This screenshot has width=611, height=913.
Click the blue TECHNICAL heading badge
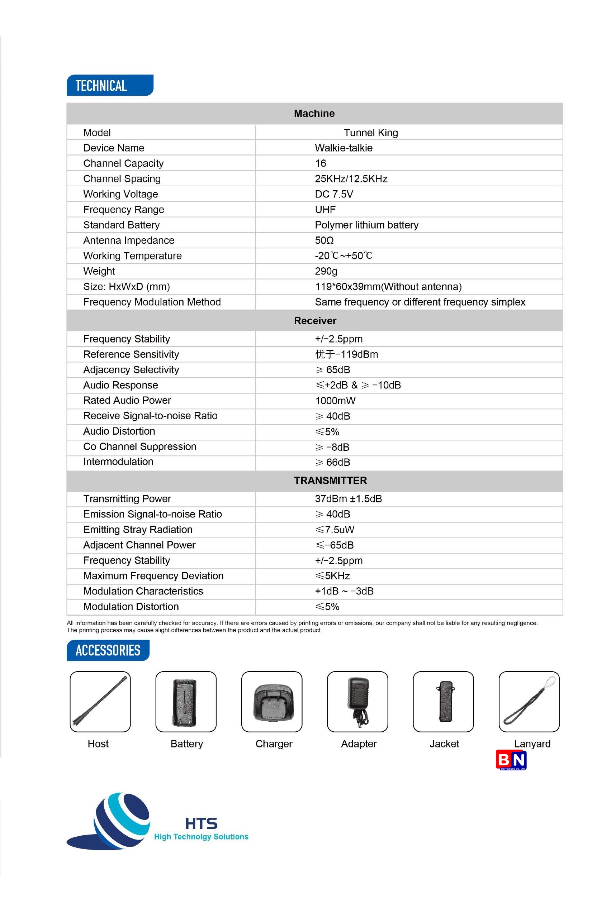109,85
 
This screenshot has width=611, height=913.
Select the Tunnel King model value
370,133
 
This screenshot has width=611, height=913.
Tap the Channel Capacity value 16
320,163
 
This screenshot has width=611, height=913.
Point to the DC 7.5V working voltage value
334,194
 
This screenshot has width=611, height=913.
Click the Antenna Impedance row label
129,240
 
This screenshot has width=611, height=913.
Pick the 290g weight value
326,271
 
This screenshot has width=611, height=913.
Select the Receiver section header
315,320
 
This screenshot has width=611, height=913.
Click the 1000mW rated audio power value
335,401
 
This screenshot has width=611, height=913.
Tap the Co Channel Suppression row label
139,446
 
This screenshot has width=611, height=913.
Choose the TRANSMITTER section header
330,481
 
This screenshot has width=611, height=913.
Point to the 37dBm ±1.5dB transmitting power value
348,499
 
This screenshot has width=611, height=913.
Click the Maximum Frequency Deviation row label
153,576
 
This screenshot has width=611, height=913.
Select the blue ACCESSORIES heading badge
108,650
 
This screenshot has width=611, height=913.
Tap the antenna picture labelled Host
100,702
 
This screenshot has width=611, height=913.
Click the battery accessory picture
186,702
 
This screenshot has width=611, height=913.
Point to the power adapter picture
358,702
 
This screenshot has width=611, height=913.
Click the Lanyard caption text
532,744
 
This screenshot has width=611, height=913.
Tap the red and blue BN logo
511,760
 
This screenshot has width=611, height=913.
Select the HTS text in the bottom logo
201,823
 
